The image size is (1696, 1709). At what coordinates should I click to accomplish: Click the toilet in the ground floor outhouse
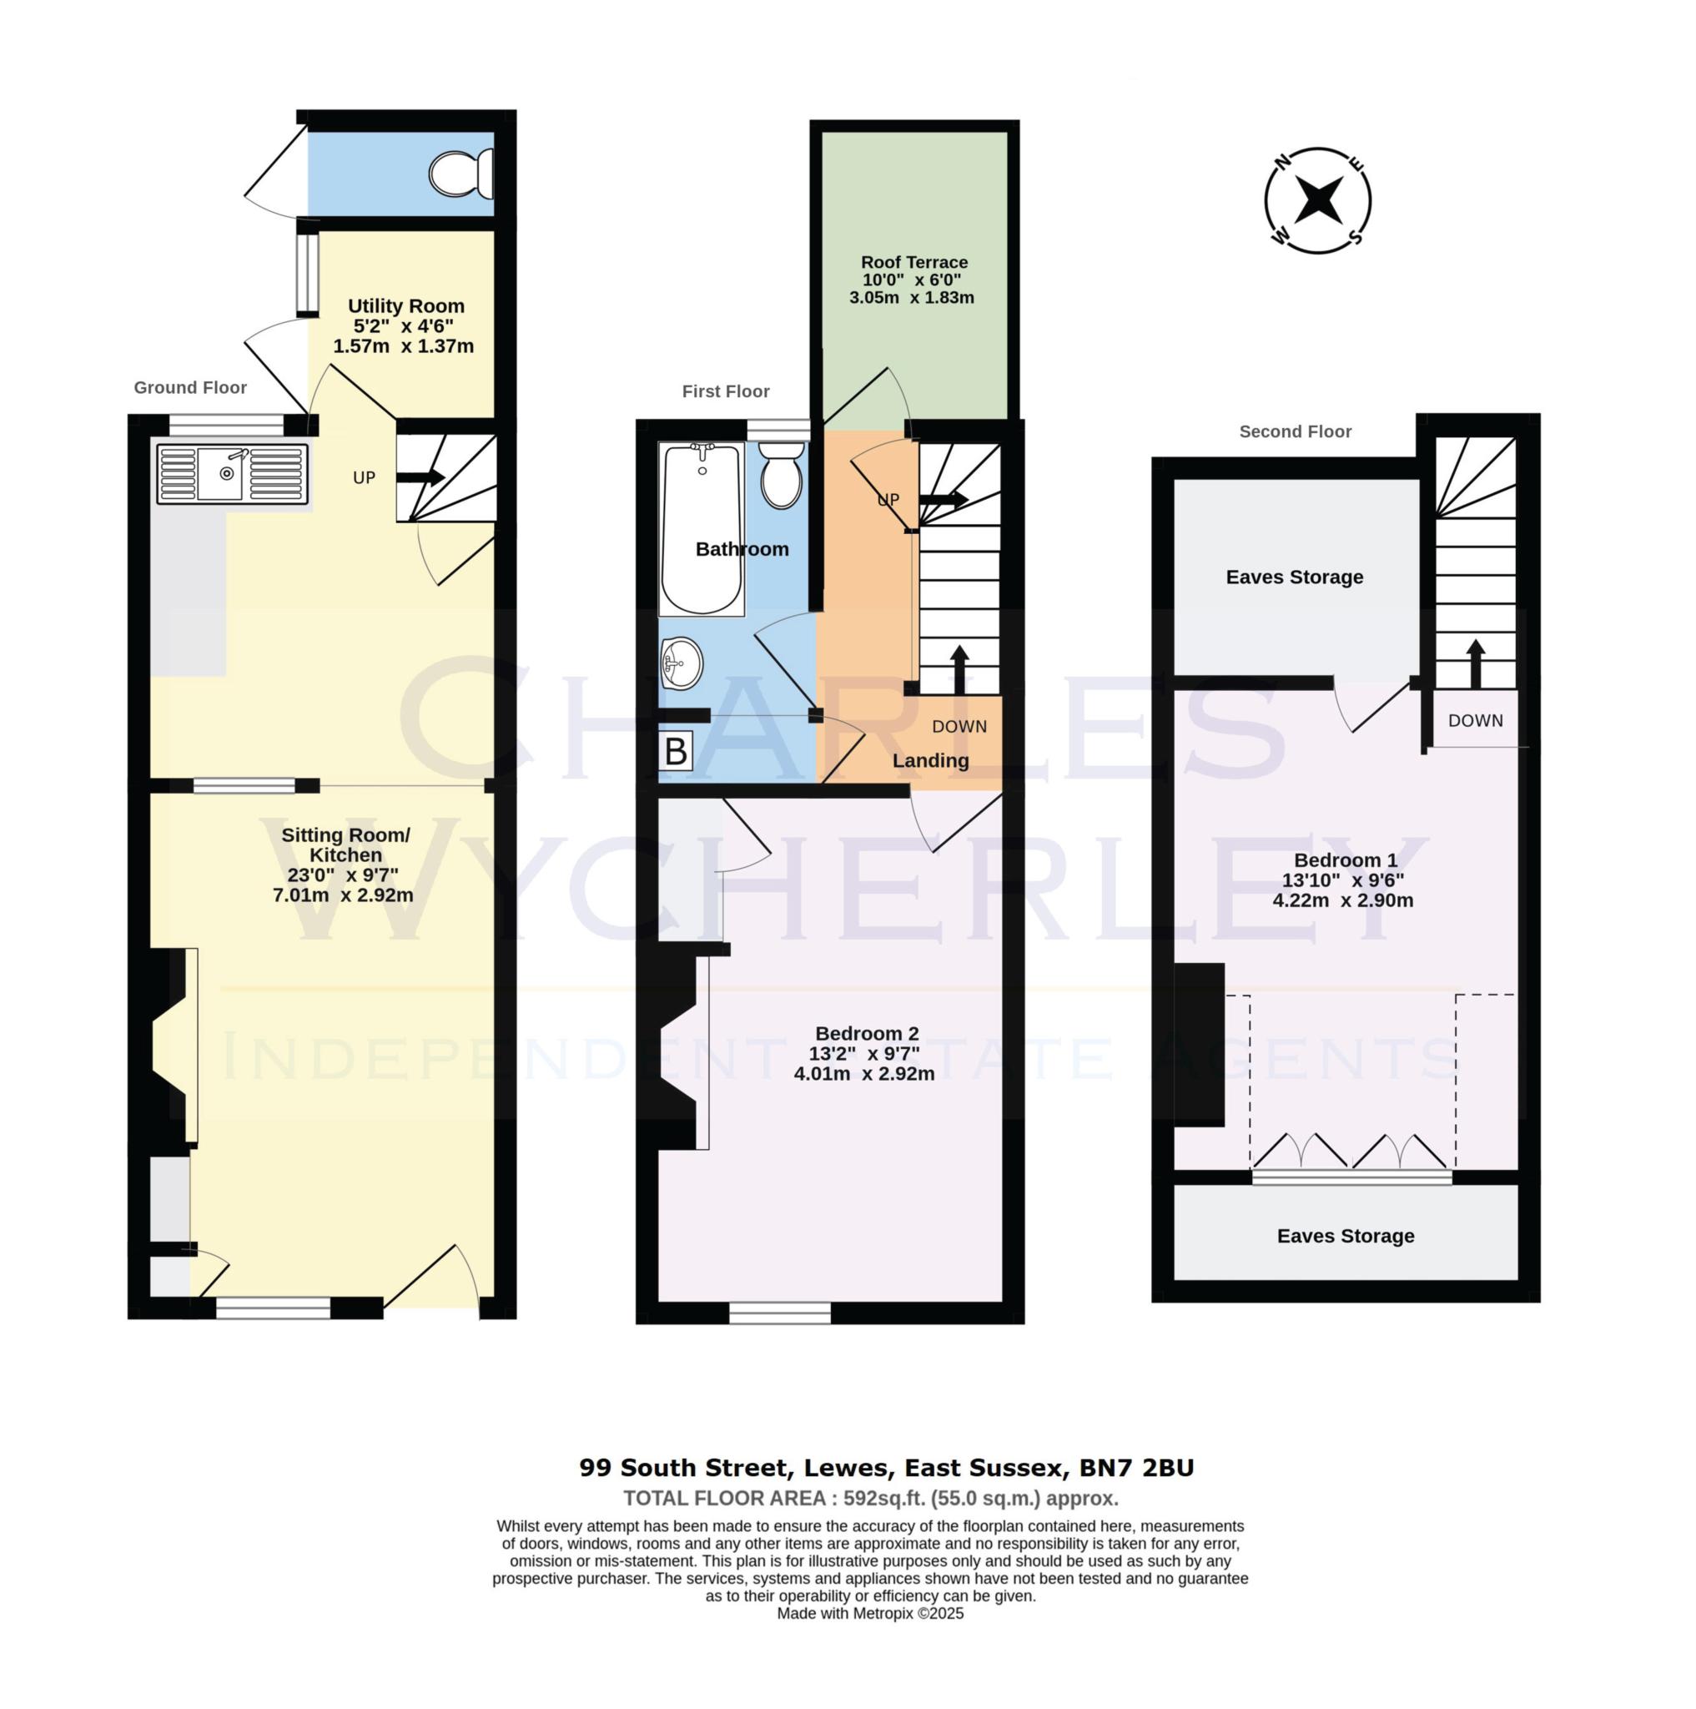[460, 174]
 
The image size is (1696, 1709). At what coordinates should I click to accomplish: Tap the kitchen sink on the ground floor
[232, 474]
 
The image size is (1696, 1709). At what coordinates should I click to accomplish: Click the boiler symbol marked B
[676, 751]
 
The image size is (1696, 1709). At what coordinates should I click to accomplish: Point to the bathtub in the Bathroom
[702, 529]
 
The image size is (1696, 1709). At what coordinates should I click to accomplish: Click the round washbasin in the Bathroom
[681, 663]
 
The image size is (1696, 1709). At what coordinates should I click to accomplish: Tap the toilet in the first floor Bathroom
[781, 475]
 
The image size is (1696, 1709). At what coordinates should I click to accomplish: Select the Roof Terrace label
[913, 262]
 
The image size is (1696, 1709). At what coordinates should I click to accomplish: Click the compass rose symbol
[1316, 201]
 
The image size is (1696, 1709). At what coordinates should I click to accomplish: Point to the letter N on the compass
[1281, 161]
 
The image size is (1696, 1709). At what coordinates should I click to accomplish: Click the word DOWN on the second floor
[1474, 720]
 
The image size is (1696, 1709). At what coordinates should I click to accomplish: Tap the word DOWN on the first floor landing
[959, 726]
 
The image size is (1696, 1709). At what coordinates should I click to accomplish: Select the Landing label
[929, 760]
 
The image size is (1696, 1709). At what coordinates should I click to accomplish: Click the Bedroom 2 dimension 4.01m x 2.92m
[863, 1074]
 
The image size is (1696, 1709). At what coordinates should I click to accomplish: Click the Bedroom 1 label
[1344, 860]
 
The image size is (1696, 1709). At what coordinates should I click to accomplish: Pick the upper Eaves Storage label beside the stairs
[1294, 577]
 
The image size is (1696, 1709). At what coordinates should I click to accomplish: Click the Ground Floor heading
[190, 387]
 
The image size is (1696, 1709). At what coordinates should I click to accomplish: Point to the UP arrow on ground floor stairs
[421, 476]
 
